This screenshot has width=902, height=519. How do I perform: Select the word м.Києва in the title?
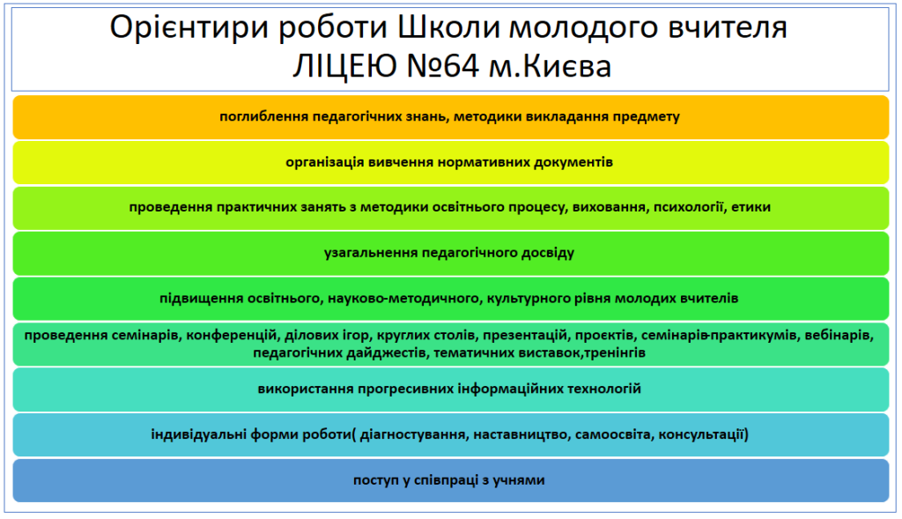550,65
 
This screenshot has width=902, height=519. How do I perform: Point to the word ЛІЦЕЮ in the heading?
344,65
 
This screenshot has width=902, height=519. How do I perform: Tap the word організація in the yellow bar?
325,162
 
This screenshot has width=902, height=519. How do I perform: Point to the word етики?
750,207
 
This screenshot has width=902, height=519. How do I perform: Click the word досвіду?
548,253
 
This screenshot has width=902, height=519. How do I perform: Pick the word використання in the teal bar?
305,389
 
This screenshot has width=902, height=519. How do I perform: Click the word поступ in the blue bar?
376,480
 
